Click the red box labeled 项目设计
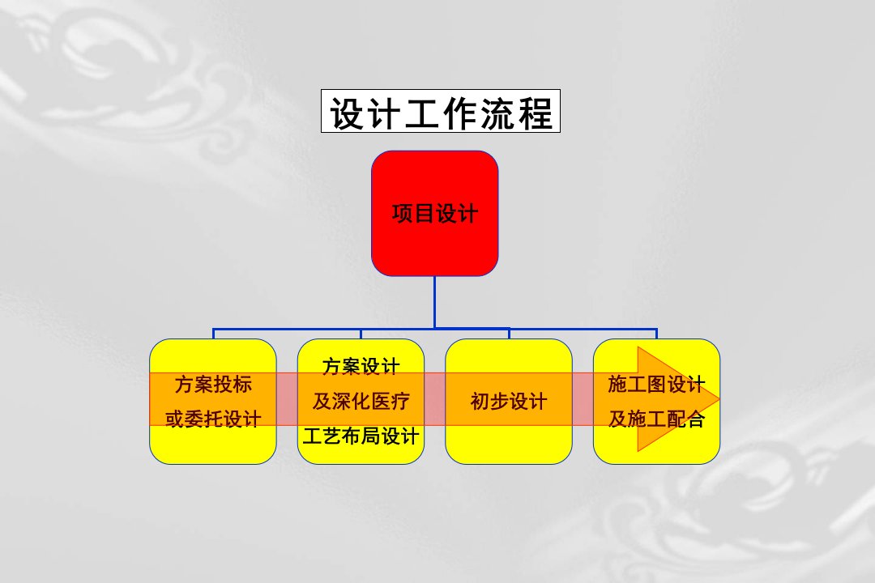click(435, 213)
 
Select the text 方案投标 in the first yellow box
click(212, 385)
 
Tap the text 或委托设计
click(212, 419)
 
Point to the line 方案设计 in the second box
click(361, 367)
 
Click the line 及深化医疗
click(361, 401)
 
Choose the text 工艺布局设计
click(361, 436)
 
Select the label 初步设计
click(508, 401)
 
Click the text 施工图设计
click(656, 385)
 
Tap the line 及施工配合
click(656, 419)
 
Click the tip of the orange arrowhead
click(719, 399)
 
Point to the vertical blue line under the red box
click(435, 302)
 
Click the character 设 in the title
click(348, 113)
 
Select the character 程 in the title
click(536, 113)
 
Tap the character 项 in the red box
click(402, 213)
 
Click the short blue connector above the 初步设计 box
click(509, 334)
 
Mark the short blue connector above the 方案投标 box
click(213, 334)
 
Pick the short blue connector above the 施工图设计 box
click(656, 334)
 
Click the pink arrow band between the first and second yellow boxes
click(287, 399)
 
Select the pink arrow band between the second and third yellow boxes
click(435, 399)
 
